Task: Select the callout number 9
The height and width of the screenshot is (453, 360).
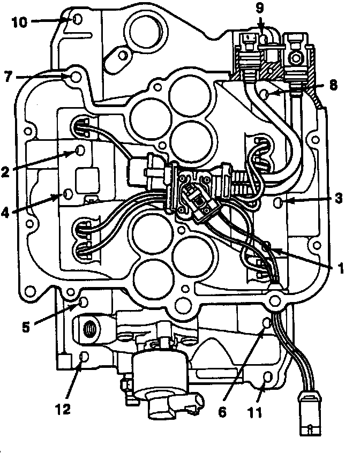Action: coord(260,8)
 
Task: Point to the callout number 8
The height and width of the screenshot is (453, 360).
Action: coord(333,85)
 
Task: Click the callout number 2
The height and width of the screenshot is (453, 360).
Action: coord(6,172)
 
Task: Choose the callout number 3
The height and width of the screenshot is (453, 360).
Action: coord(339,198)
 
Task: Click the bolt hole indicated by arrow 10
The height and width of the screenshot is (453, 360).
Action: coord(77,20)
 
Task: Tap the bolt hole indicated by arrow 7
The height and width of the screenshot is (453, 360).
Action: coord(76,77)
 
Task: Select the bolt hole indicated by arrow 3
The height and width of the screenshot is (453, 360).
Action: coord(278,202)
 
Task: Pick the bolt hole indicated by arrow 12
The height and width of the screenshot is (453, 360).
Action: coord(83,356)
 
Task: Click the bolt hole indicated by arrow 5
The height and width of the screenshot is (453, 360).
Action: coord(83,303)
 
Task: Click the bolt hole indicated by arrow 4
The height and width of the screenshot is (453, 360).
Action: coord(67,193)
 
